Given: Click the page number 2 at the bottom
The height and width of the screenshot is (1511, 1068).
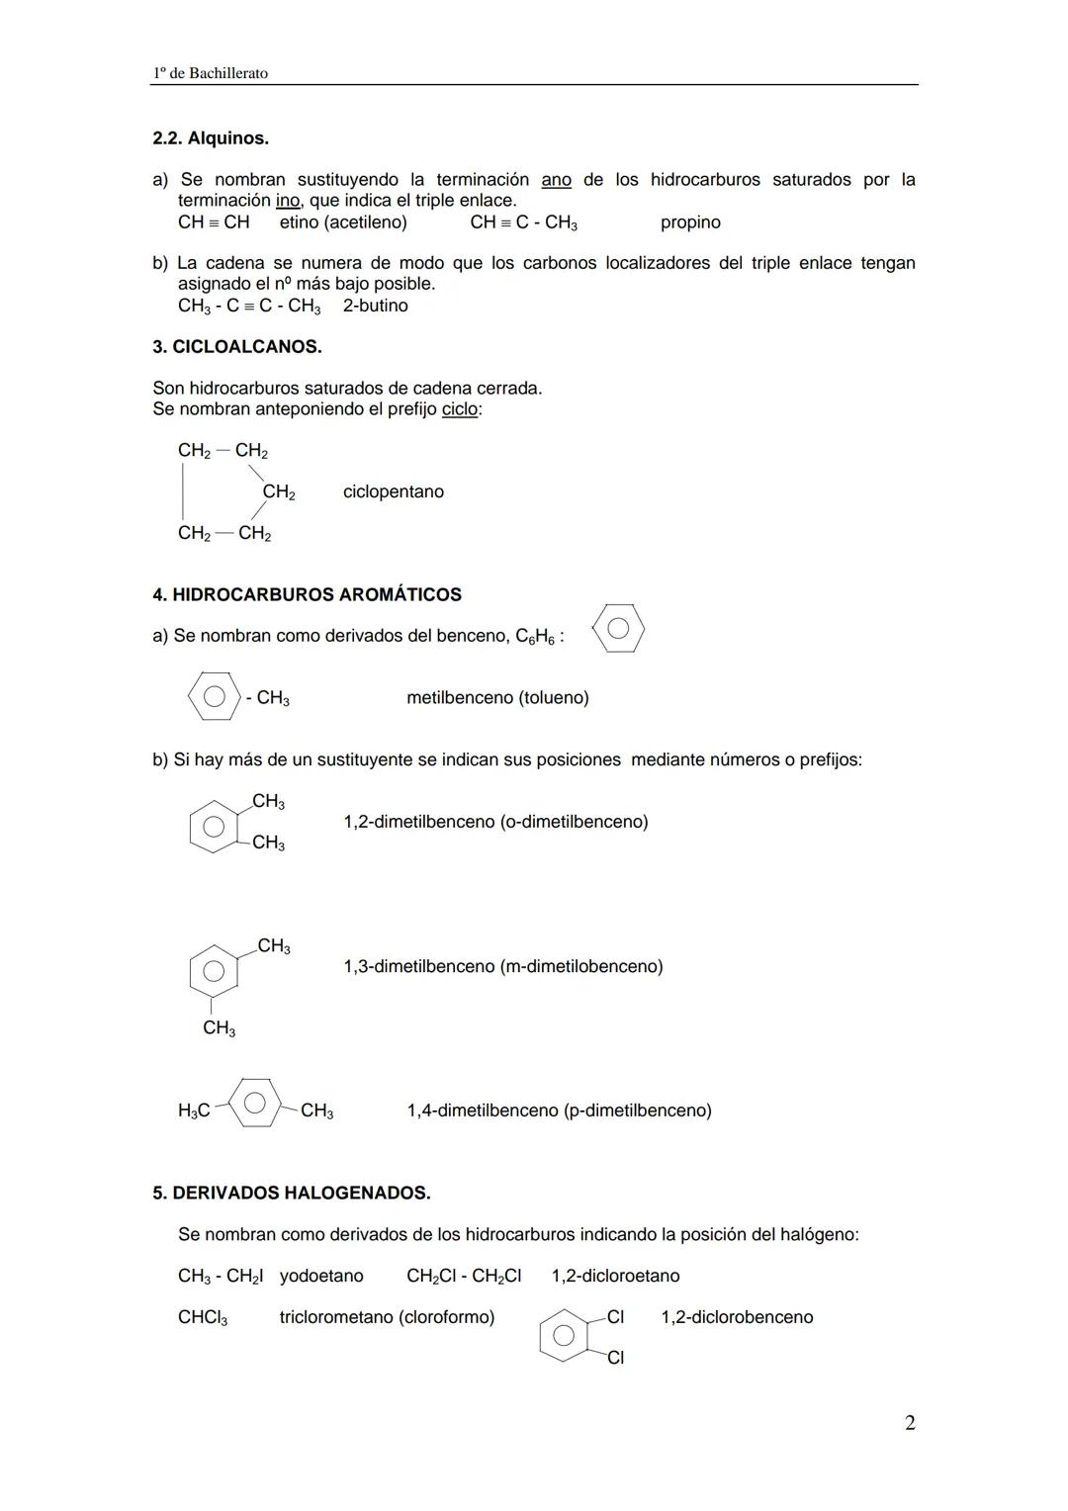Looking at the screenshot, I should (x=910, y=1423).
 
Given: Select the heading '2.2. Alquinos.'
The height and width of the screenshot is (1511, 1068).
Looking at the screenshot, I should (x=211, y=138).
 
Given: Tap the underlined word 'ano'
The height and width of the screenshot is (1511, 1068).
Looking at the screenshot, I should (x=556, y=180).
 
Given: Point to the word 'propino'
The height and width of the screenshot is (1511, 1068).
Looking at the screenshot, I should (x=690, y=222).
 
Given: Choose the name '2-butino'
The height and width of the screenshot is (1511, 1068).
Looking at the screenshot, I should (x=376, y=306).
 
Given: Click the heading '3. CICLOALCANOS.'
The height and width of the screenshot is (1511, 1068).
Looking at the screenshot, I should (x=237, y=347).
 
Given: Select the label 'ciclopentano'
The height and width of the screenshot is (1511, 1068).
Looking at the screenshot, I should (x=394, y=491).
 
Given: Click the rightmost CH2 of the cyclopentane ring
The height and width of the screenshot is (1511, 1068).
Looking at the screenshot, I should (x=278, y=492).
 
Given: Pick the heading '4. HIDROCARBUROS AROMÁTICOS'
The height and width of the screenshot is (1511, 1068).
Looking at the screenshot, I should (x=307, y=594).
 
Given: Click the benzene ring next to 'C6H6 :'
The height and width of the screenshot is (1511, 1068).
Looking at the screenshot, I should (x=618, y=629).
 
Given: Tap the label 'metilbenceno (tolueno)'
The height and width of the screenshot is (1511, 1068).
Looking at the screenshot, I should (x=497, y=698).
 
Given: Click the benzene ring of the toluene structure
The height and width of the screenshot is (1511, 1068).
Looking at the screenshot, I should (x=214, y=696).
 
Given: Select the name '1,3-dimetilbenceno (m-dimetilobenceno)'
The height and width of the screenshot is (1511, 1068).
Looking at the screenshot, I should (x=503, y=966).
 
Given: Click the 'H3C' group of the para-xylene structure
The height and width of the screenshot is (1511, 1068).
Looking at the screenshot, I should (x=194, y=1111).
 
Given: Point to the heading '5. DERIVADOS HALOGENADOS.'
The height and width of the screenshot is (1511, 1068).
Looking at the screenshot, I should (x=292, y=1194).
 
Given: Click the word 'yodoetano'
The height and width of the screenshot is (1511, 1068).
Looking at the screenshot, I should (x=321, y=1277).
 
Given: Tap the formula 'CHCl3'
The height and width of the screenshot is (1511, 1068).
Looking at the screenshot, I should (x=203, y=1318).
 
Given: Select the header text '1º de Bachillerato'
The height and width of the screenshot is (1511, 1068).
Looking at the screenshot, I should (x=211, y=73).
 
